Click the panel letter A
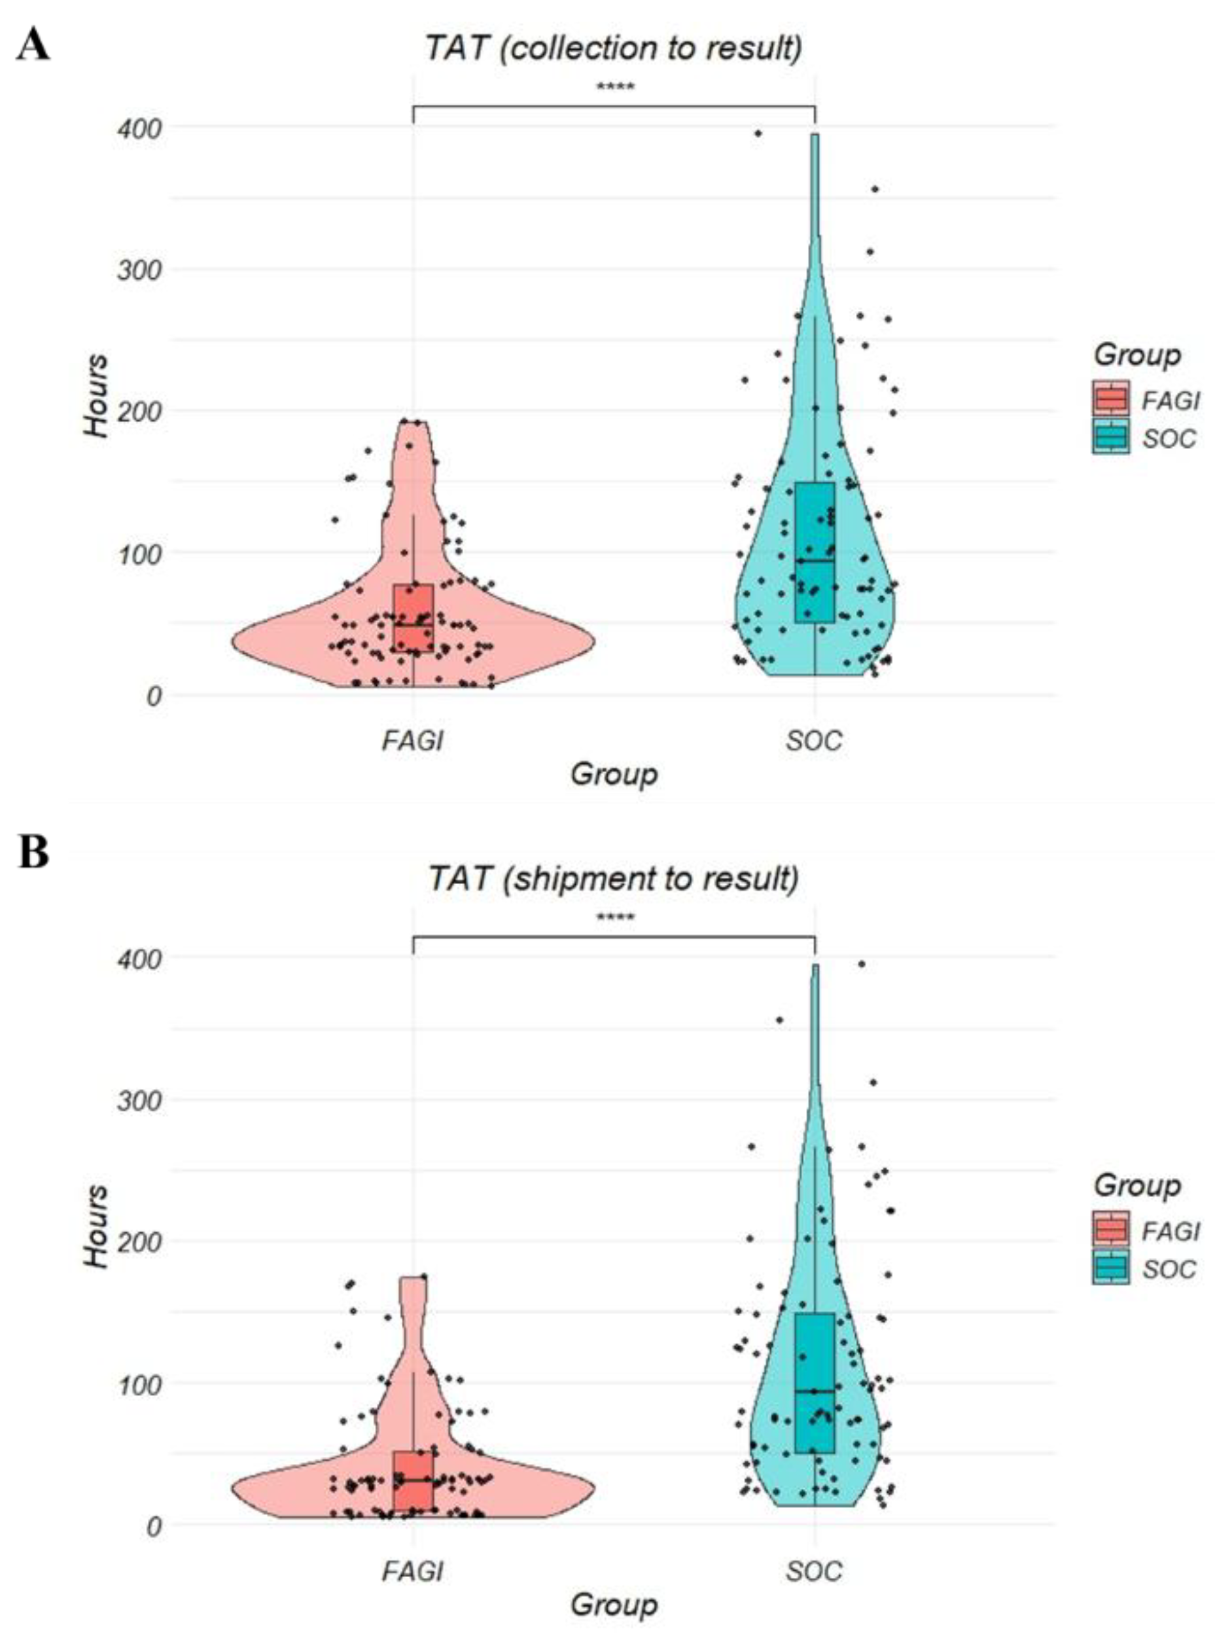(33, 46)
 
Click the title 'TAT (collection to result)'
(613, 48)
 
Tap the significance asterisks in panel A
(615, 88)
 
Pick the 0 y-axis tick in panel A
(153, 696)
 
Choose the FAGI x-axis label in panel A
(413, 740)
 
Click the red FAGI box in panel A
(413, 618)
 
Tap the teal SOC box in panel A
(815, 552)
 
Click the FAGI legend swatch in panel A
(1110, 399)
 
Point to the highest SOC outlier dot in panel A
(758, 133)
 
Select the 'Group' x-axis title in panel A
(613, 774)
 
